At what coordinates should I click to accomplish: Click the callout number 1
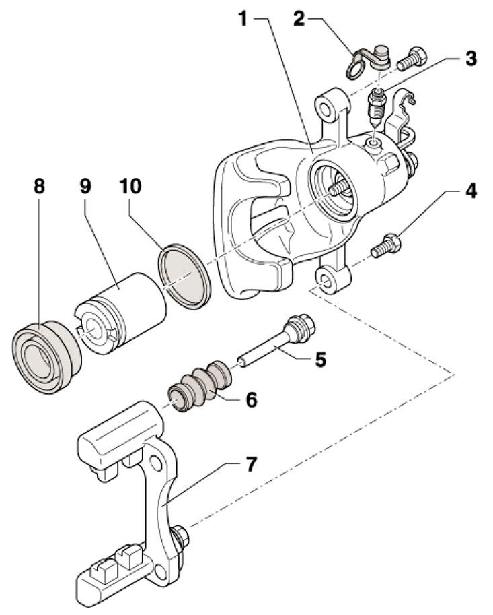[244, 18]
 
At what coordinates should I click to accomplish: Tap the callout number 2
[299, 18]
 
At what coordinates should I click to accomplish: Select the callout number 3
[471, 58]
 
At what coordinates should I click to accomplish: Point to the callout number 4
[471, 191]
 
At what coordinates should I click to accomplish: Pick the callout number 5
[320, 359]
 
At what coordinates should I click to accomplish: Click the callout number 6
[251, 399]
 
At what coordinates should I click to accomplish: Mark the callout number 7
[250, 464]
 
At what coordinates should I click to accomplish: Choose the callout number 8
[39, 187]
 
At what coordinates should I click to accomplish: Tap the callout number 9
[85, 187]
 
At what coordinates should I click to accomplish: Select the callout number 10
[130, 187]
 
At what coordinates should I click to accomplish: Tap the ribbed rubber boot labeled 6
[200, 385]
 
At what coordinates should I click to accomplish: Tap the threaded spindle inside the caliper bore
[339, 187]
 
